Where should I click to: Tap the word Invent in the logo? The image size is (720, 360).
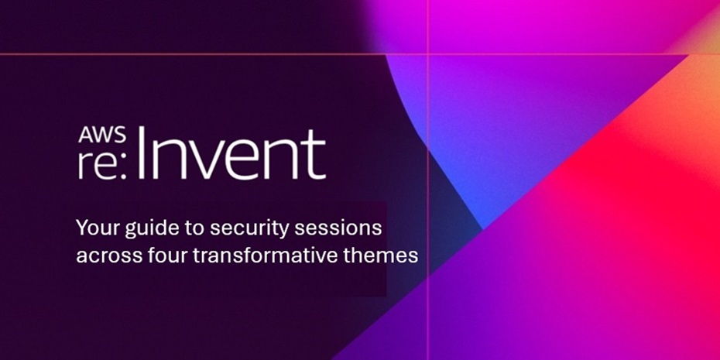point(231,153)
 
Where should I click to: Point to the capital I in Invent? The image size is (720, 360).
point(141,153)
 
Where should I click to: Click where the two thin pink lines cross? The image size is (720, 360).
point(428,54)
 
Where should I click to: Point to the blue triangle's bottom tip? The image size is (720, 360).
point(482,228)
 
